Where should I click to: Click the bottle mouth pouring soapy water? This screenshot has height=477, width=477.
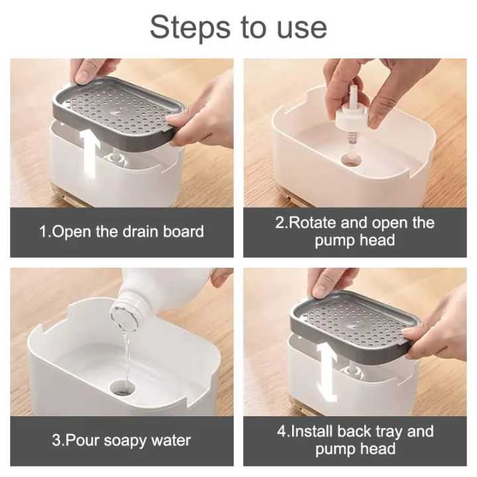pos(123,308)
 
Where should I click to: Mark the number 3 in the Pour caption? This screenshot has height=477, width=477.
pos(56,441)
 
